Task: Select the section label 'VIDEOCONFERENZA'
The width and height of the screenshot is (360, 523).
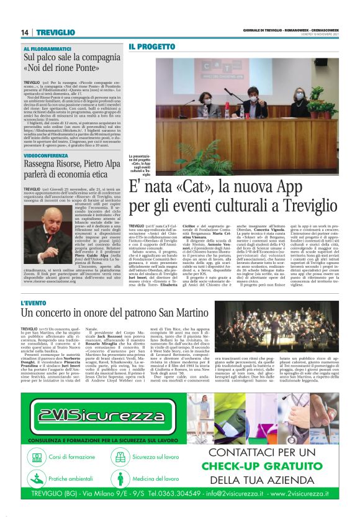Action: (x=47, y=152)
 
